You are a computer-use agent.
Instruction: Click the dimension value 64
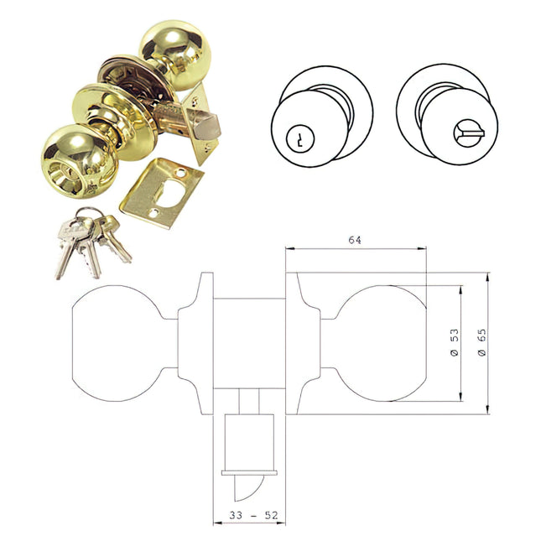[355, 241]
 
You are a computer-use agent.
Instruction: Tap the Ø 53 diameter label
[454, 344]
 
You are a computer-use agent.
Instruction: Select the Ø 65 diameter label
[482, 344]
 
